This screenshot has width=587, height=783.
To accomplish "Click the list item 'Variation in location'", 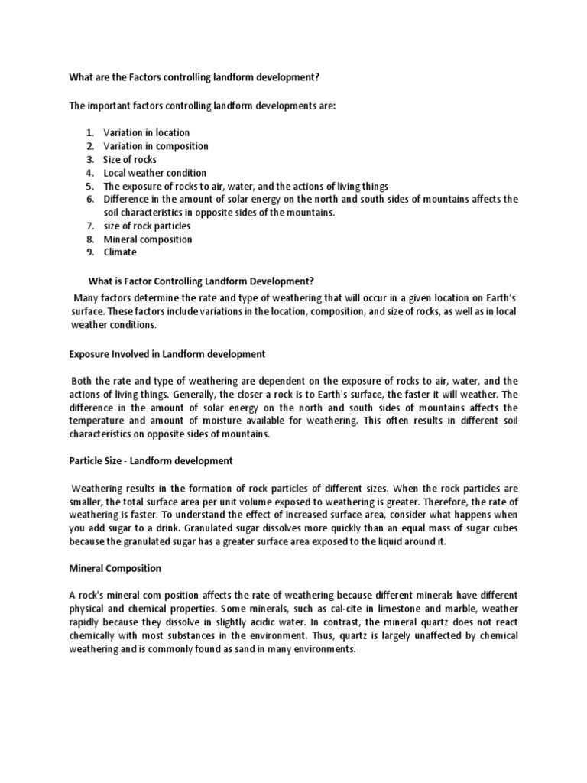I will click(x=147, y=132).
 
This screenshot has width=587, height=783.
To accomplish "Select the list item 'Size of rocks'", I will click(x=130, y=159).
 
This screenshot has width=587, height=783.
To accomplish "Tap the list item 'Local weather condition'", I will click(x=155, y=173).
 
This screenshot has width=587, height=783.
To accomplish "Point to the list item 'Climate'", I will click(x=120, y=252).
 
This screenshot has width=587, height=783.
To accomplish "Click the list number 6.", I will click(x=89, y=200).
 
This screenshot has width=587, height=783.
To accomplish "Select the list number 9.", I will click(x=89, y=252).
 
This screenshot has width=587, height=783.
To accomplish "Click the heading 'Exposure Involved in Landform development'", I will click(x=167, y=354).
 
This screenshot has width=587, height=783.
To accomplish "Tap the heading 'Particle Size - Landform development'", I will click(x=151, y=461).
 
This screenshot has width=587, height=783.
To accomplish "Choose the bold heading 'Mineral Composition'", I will click(x=115, y=568).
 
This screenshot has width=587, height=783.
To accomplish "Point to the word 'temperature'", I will click(x=98, y=421).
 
